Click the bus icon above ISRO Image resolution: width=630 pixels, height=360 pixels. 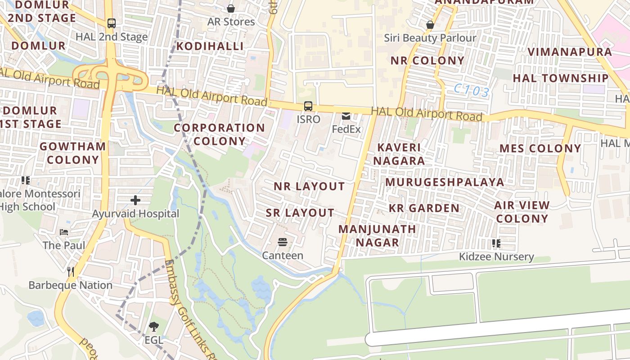click(308, 106)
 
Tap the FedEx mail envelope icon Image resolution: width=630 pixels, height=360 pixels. click(346, 116)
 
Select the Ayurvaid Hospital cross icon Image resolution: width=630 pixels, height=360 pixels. click(135, 200)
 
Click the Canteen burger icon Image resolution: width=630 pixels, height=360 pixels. click(283, 243)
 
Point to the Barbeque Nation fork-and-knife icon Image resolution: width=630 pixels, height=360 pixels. click(71, 271)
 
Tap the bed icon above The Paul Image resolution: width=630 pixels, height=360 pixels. click(64, 232)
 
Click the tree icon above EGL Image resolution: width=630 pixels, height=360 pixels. click(153, 327)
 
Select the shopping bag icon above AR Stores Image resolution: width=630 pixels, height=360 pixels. click(231, 9)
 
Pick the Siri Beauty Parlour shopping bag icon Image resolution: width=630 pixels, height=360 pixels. click(430, 25)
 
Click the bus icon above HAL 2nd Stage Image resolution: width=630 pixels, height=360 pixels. click(111, 23)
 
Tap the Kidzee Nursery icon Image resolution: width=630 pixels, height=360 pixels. click(496, 243)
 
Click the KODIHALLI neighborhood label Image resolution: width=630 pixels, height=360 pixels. click(210, 46)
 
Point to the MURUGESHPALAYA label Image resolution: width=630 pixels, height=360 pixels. click(445, 182)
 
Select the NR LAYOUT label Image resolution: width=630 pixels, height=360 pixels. click(309, 186)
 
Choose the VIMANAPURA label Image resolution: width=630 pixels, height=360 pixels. click(570, 52)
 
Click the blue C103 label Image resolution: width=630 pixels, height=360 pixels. click(471, 91)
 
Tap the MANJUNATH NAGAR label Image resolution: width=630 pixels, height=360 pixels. click(377, 236)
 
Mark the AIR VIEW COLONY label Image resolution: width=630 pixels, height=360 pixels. click(522, 212)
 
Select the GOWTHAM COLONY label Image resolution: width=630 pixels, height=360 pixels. click(72, 153)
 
